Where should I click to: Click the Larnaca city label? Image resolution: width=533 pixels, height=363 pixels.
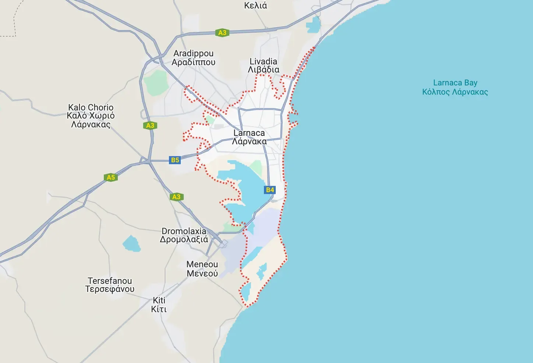249,137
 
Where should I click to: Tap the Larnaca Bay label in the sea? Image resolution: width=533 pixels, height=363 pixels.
455,87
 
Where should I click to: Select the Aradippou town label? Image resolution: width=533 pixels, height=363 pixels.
193,58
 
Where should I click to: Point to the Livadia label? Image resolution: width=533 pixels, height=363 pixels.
264,66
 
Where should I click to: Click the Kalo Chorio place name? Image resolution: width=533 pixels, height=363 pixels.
91,116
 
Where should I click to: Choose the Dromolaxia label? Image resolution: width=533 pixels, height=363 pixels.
184,235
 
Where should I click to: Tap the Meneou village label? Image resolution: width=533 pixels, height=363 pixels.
202,269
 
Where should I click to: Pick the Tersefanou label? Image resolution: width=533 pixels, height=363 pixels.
110,285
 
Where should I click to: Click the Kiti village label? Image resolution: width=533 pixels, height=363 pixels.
159,304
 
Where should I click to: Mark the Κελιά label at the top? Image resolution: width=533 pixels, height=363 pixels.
255,6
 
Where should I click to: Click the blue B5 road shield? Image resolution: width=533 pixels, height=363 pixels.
175,160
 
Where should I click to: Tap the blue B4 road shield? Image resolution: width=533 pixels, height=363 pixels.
270,190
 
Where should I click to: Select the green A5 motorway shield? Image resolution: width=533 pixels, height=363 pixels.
110,177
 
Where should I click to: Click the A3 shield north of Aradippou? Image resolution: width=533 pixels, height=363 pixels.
222,32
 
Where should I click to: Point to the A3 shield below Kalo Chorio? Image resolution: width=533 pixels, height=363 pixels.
150,125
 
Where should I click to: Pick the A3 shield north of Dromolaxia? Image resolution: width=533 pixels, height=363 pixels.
176,197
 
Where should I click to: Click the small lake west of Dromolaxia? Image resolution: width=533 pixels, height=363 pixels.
131,244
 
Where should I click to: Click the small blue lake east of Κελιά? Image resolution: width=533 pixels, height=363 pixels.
313,24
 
